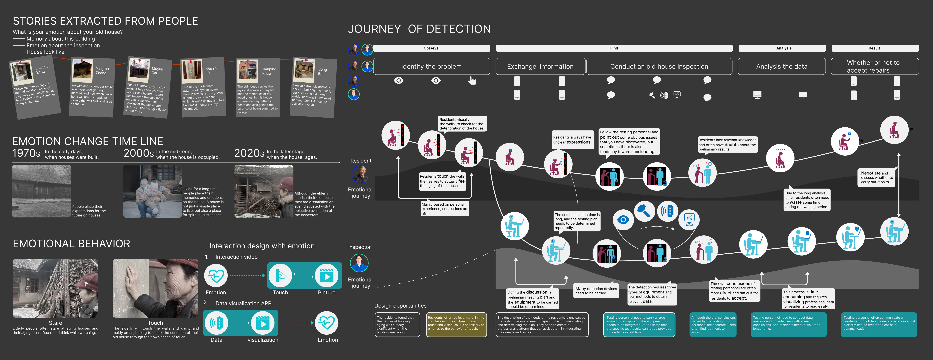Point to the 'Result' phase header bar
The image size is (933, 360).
(874, 48)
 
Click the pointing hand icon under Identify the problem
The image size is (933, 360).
(472, 80)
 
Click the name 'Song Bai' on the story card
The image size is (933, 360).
(322, 71)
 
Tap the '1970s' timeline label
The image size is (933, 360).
(26, 153)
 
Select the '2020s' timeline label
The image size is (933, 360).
(249, 153)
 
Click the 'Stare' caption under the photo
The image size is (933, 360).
(55, 323)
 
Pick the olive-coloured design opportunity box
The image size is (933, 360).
(456, 325)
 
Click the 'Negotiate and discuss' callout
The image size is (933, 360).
(876, 177)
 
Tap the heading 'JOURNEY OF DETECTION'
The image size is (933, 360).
(419, 29)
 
